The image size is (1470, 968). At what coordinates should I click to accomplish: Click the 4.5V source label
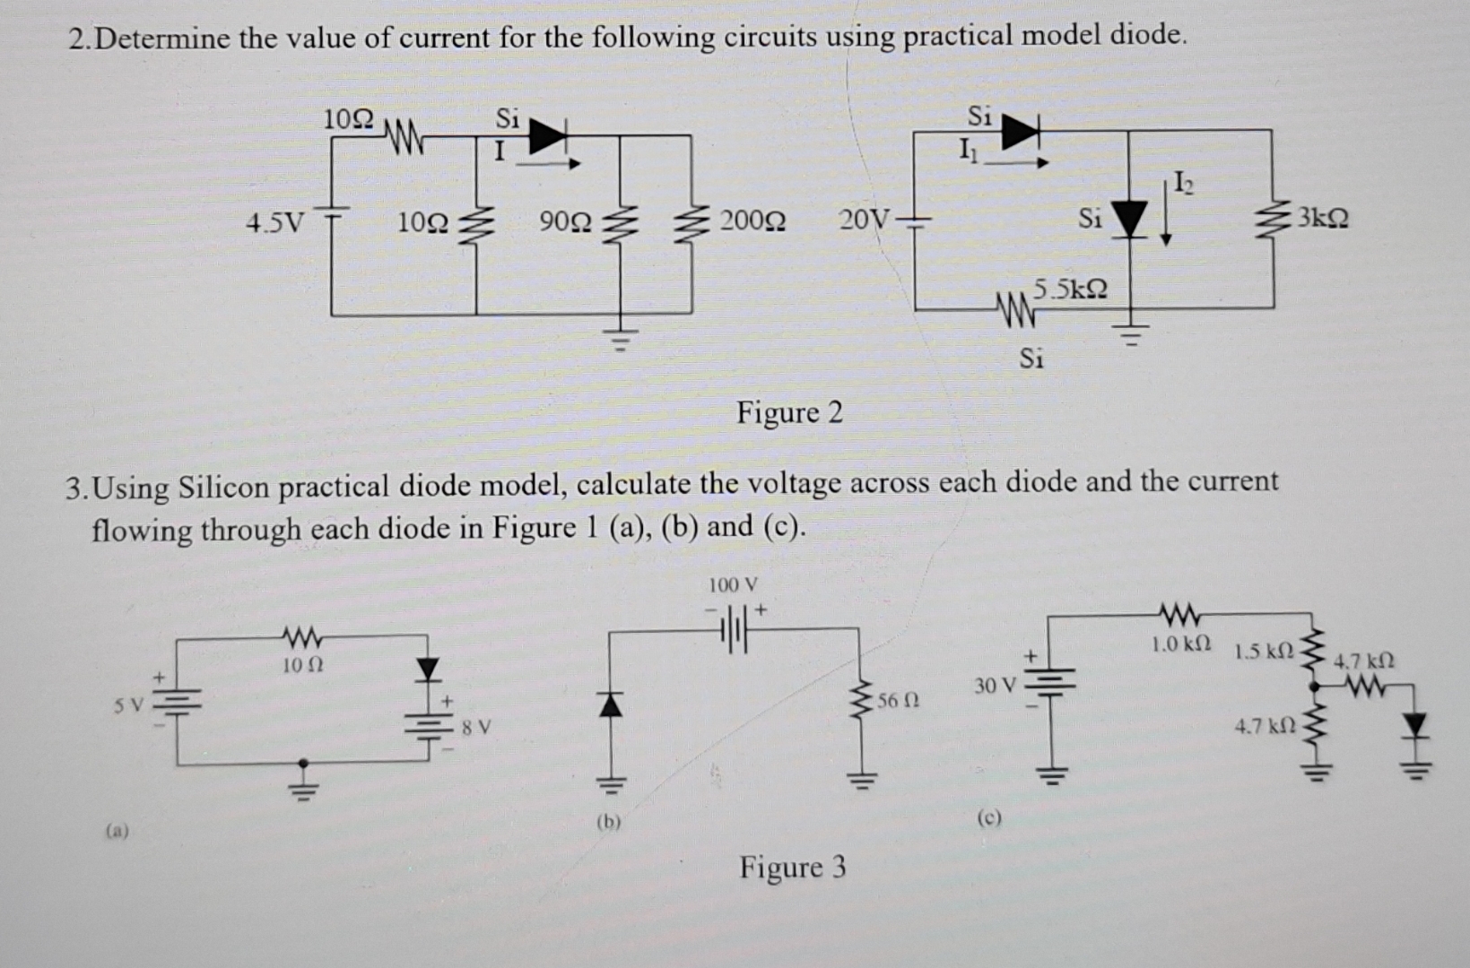click(275, 220)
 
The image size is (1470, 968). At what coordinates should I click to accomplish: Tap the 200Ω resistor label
click(752, 220)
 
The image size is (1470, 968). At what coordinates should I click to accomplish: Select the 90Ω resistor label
click(566, 220)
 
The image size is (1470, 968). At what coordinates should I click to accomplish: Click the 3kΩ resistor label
click(1323, 218)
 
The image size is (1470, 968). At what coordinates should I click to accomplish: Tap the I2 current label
click(1184, 186)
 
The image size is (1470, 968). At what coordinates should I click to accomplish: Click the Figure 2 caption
click(789, 412)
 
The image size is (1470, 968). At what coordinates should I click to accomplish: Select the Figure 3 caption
click(792, 867)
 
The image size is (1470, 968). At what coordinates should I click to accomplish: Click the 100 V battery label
click(733, 585)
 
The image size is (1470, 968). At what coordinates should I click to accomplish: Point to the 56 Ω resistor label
click(897, 700)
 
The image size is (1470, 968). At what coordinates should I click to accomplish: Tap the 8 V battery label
click(475, 727)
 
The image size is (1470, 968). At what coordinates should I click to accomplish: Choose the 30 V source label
click(995, 687)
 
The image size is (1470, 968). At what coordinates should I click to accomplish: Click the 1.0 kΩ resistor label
click(1181, 644)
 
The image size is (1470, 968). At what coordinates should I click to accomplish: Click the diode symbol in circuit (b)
click(610, 706)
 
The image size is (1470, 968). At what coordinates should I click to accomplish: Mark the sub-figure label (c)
click(989, 817)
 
